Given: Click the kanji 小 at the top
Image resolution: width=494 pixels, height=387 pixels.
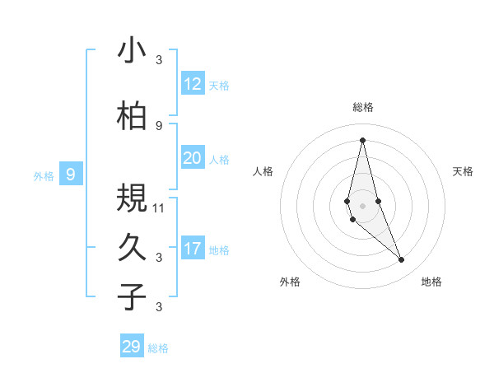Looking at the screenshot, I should coord(132,50).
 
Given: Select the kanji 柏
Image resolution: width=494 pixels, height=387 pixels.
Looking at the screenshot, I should coord(132,117).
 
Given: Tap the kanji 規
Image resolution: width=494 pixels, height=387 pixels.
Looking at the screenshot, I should coord(132,198).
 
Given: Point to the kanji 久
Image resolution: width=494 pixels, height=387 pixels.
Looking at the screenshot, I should coord(132,247).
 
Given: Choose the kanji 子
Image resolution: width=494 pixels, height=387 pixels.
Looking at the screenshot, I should coord(132,296).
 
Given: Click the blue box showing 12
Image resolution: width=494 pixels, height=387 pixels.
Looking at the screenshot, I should coord(192,84).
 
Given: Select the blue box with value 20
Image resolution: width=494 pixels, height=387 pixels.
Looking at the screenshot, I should coord(192,158).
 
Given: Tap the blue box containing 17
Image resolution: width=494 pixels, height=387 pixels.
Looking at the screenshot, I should coord(192,249).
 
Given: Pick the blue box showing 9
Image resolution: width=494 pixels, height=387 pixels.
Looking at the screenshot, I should coord(71,175).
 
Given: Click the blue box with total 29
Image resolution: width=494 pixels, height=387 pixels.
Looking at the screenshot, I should coord(132,347).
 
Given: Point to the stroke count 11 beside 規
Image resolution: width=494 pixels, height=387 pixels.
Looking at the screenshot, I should coord(160,207).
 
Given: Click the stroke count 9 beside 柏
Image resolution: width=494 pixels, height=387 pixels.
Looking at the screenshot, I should coord(159,125).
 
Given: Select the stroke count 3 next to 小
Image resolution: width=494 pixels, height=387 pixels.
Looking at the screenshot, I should coord(159,59).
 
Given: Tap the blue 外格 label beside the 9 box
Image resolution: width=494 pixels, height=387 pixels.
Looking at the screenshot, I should coord(43,175).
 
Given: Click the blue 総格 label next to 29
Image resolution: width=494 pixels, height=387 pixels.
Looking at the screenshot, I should coord(158,348).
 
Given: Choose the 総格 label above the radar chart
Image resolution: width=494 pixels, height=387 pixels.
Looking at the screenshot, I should coord(362,107).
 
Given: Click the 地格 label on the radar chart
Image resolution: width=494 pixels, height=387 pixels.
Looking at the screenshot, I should coord(431,282).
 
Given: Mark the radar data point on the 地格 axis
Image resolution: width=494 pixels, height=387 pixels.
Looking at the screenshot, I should coord(401,260).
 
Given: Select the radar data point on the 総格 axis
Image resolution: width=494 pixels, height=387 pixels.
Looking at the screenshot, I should coord(362,139).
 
